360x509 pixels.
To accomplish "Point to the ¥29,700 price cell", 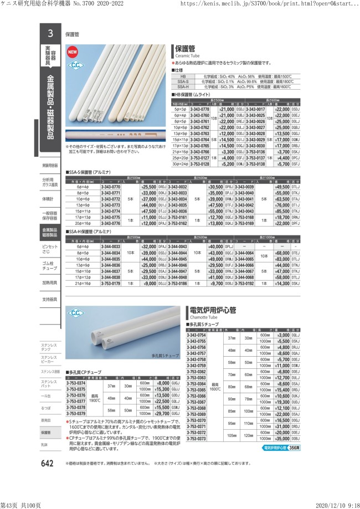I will [x=161, y=413].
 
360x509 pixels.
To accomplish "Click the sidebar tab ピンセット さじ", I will [x=50, y=249].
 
